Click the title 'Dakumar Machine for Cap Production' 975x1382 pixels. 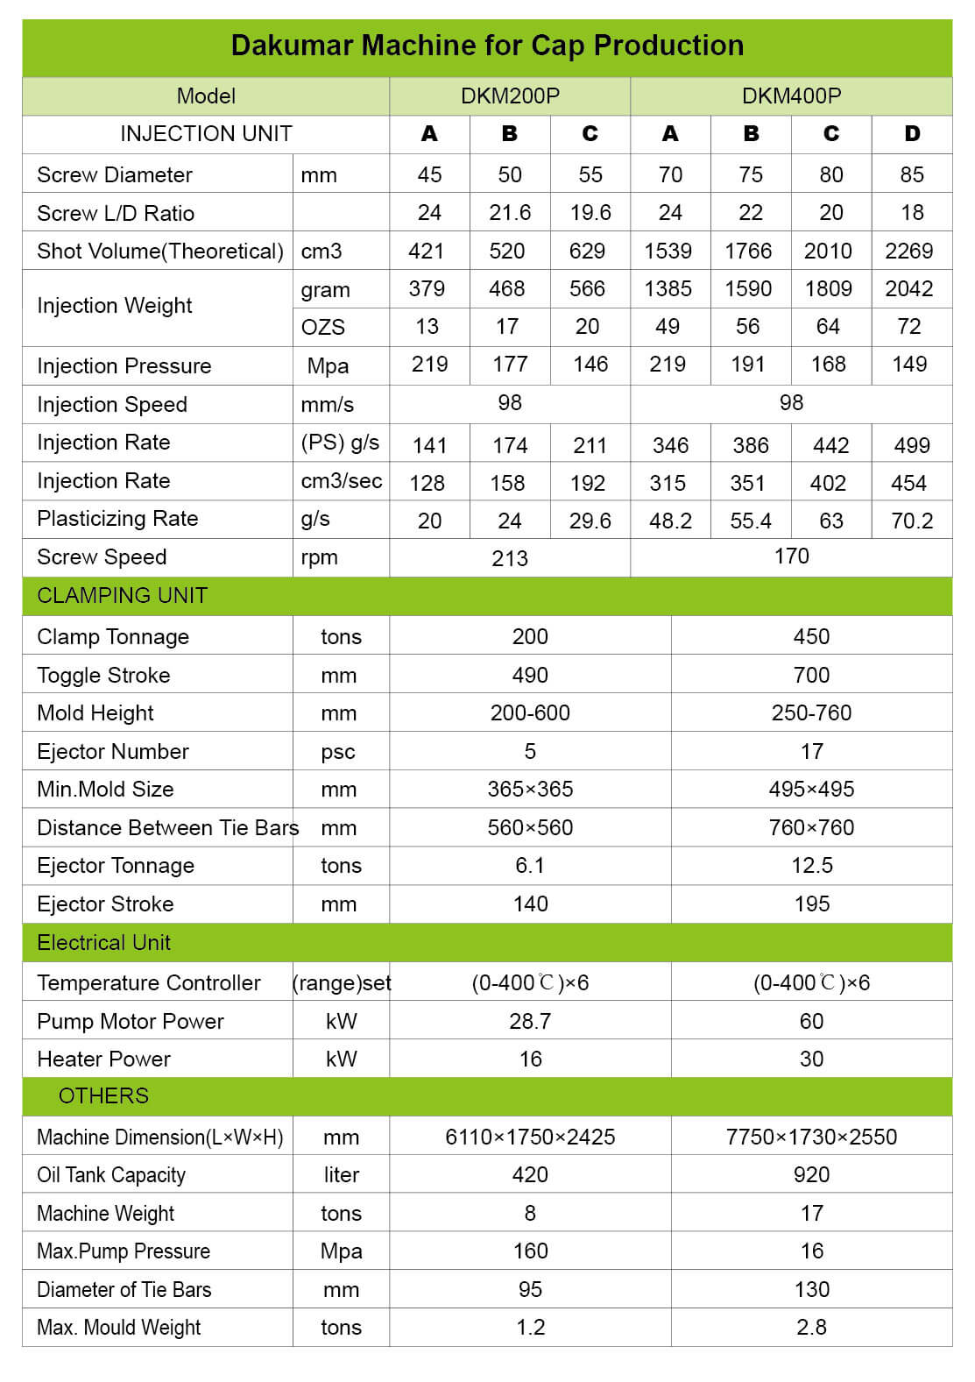coord(487,46)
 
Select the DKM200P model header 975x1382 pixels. coord(510,96)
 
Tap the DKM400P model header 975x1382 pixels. coord(791,96)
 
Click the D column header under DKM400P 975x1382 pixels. coord(912,134)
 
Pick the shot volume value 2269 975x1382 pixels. coord(909,252)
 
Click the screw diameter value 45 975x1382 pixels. coord(429,175)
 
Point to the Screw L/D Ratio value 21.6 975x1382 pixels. coord(510,213)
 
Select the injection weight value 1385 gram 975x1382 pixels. coord(668,289)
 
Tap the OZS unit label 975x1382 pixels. coord(322,328)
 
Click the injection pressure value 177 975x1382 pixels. coord(510,365)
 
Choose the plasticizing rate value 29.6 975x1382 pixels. coord(590,521)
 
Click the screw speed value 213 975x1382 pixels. coord(510,559)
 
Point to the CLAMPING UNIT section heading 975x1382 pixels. coord(122,596)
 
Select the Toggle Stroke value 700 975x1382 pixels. coord(811,676)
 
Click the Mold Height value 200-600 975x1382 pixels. coord(530,713)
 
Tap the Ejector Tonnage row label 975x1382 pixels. coord(116,866)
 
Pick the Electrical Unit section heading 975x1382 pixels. coord(103,943)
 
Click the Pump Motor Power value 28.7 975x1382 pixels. coord(530,1022)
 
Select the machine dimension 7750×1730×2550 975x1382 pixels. coord(811,1137)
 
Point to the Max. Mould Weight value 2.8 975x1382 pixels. coord(811,1328)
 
